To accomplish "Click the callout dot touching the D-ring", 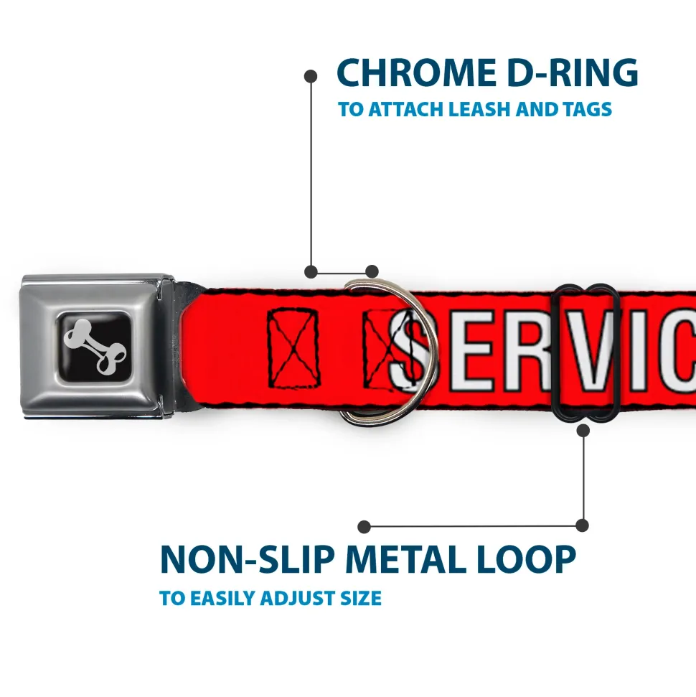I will pyautogui.click(x=372, y=271).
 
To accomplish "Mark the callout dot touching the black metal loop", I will pyautogui.click(x=583, y=430).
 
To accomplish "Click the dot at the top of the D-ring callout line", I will pyautogui.click(x=311, y=75).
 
